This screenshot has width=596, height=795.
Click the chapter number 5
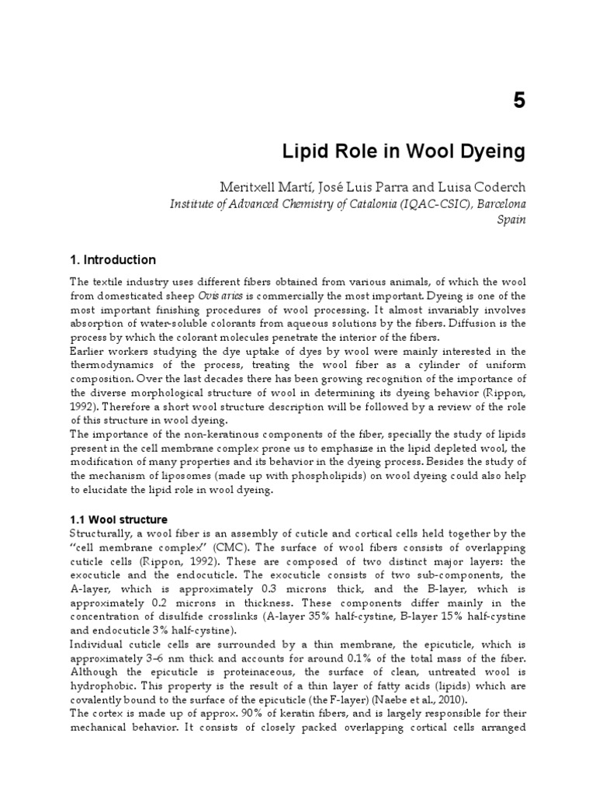tap(518, 103)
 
